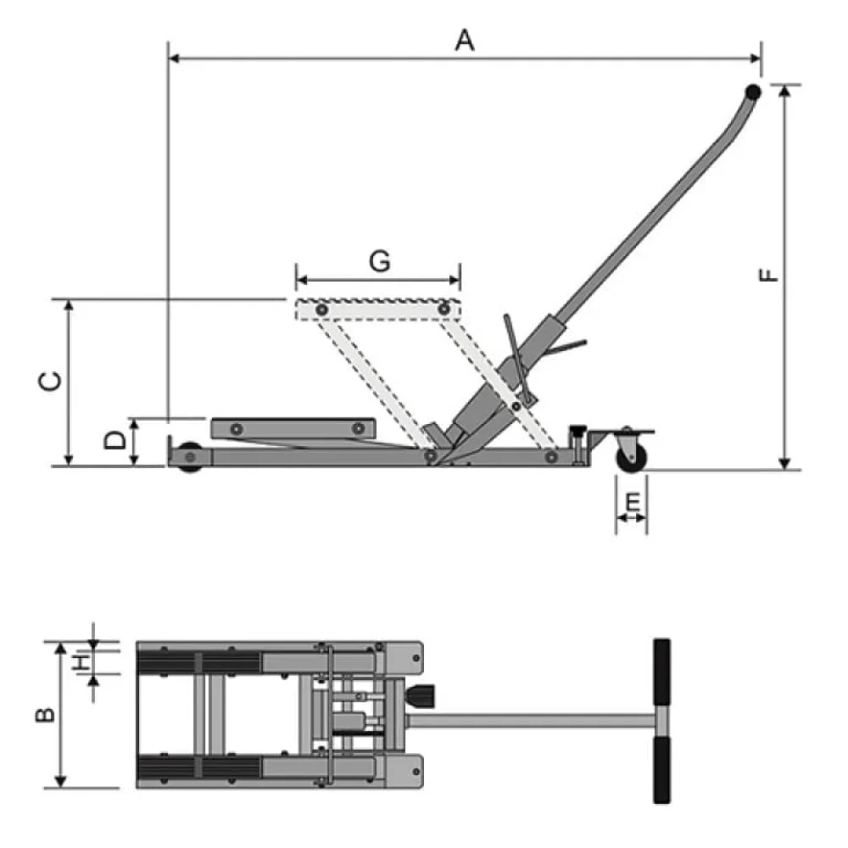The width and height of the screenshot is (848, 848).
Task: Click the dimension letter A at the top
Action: [x=464, y=39]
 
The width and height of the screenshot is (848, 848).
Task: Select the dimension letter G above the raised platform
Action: [x=379, y=262]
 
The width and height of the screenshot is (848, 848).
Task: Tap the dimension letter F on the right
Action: [x=767, y=276]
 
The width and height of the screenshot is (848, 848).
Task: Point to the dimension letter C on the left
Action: [x=52, y=382]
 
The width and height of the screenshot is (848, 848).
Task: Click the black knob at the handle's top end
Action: [x=752, y=92]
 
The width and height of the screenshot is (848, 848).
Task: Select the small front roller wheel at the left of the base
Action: [x=189, y=455]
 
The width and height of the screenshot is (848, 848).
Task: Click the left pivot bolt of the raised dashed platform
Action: [x=321, y=311]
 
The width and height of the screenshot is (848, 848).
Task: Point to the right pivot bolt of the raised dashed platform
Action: [x=444, y=311]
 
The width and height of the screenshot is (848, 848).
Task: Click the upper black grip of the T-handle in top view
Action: [x=661, y=672]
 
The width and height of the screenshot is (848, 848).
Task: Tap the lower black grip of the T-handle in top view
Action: [x=661, y=769]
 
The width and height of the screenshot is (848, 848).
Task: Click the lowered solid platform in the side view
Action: [x=293, y=428]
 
